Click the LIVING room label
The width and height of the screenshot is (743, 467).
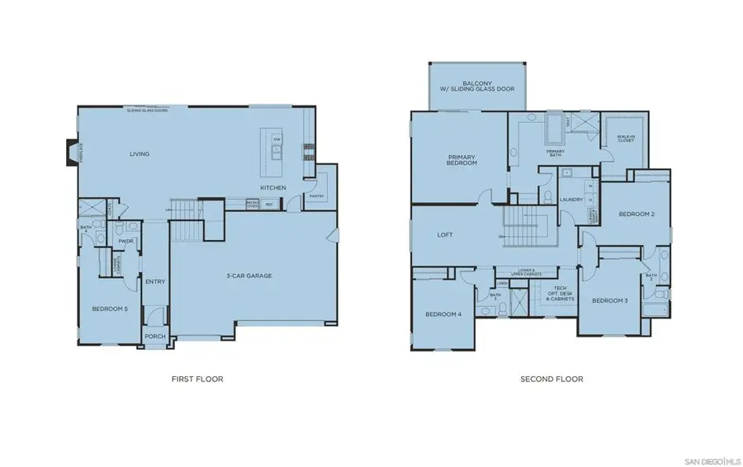[x=139, y=153]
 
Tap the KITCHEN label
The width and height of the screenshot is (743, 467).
[x=273, y=188]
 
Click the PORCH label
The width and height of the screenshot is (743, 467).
[x=155, y=336]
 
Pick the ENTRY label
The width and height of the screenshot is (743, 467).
[x=155, y=282]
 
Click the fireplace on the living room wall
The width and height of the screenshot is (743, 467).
[x=73, y=153]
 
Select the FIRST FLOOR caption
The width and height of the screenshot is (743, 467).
[x=197, y=380]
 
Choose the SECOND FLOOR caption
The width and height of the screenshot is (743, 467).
[x=551, y=380]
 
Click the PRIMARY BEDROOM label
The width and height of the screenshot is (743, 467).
[x=463, y=160]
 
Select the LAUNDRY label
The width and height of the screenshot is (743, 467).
[x=571, y=200]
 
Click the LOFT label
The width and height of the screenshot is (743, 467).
[x=446, y=234]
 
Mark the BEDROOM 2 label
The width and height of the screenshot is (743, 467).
[x=637, y=215]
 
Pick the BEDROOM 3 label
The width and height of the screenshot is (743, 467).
[x=609, y=300]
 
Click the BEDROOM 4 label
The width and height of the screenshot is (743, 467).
[x=443, y=314]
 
